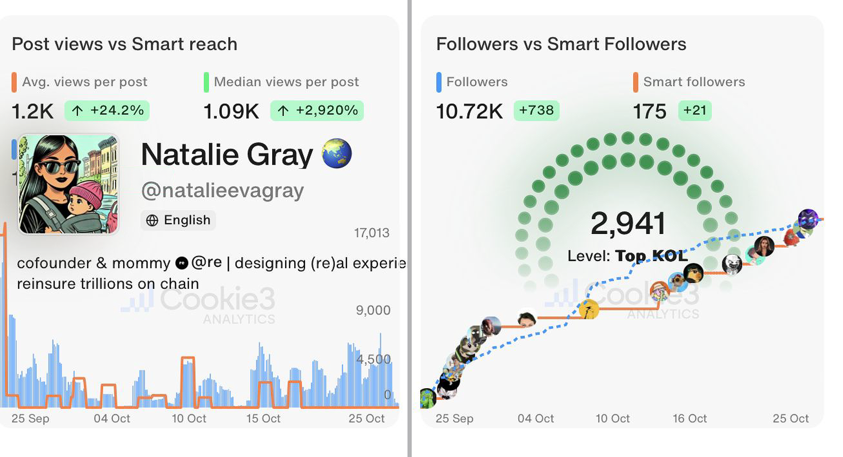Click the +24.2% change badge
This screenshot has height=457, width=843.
107,111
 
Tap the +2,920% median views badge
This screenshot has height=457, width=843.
317,111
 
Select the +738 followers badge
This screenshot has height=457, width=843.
536,111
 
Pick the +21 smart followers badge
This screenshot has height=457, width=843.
695,111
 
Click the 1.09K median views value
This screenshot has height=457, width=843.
231,112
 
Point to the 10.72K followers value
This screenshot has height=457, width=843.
469,112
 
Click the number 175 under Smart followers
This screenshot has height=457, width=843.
649,112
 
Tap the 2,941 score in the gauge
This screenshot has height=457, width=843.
628,223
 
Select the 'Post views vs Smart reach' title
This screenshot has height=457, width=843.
125,44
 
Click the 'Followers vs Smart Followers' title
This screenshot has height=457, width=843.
561,44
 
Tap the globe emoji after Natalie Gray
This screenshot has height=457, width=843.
336,153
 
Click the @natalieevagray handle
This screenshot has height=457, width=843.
222,191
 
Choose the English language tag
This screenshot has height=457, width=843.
178,220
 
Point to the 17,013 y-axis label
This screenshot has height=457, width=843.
372,233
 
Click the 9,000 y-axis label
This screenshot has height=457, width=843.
373,310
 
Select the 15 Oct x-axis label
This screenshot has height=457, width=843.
263,418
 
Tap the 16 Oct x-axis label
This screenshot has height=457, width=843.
690,418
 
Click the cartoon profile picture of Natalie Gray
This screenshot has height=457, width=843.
68,184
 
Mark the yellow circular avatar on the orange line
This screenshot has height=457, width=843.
589,309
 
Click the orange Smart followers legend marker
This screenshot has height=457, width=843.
635,82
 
